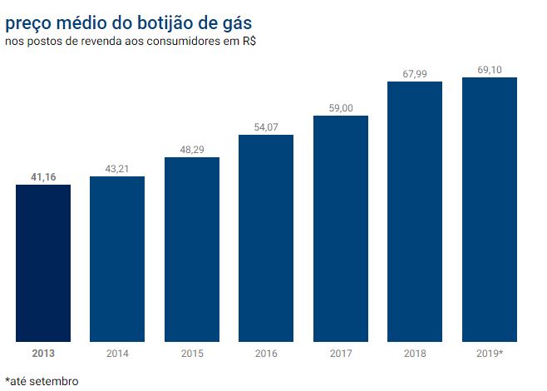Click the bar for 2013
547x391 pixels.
43,263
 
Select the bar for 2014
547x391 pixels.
117,259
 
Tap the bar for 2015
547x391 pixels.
192,249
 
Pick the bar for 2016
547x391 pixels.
266,238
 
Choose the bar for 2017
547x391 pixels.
341,229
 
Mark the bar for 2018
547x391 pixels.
415,211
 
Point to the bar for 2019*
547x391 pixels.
490,210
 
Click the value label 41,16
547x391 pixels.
43,177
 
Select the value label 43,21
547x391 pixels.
117,169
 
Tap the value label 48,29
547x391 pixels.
192,150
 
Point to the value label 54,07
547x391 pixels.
266,127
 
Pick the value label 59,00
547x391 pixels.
341,108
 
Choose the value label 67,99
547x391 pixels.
415,74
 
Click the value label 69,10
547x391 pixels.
490,70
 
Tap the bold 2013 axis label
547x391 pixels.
43,354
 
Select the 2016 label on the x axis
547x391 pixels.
266,354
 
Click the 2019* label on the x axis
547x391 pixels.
490,354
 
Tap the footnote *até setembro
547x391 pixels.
42,381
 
